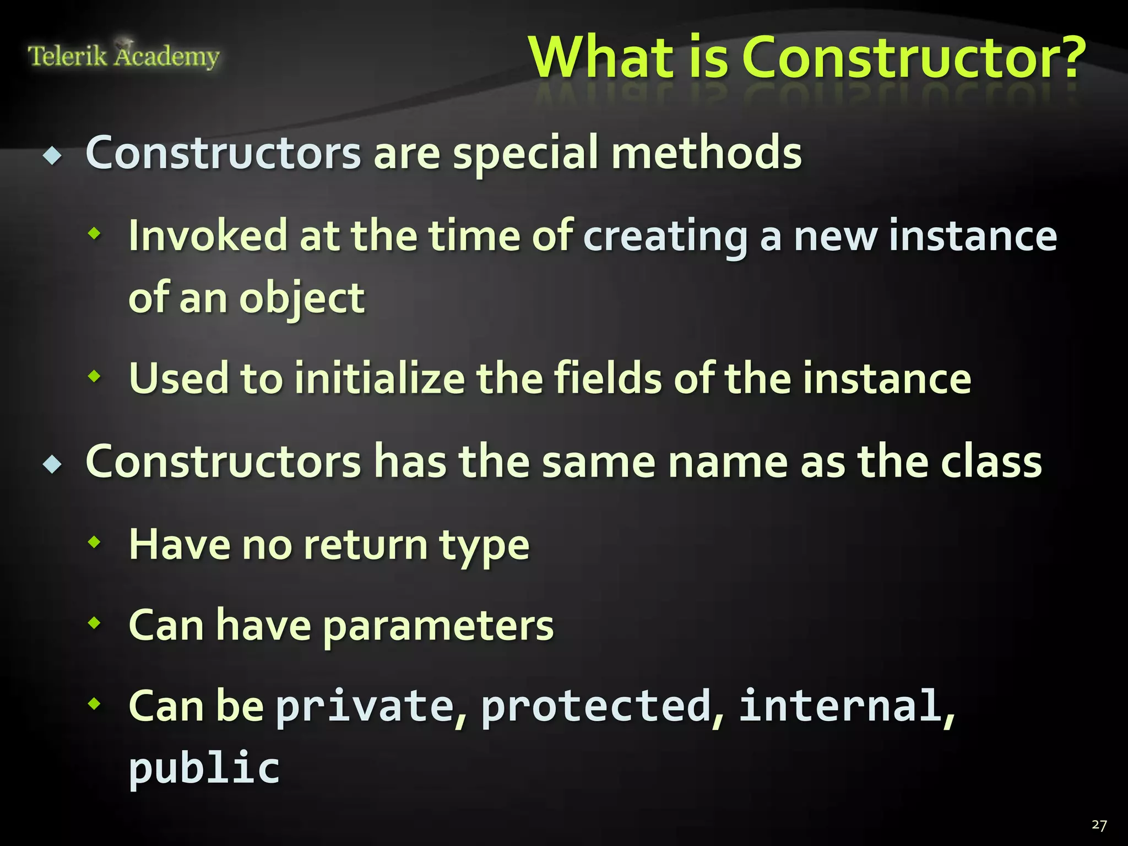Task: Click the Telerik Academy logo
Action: (x=123, y=55)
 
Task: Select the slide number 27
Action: (x=1099, y=825)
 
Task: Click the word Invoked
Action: (x=208, y=236)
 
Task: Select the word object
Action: (x=302, y=299)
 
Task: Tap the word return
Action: (x=365, y=545)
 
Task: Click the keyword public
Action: (x=204, y=768)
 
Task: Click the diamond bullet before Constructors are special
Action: (x=53, y=157)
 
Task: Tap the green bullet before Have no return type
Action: (x=95, y=542)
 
